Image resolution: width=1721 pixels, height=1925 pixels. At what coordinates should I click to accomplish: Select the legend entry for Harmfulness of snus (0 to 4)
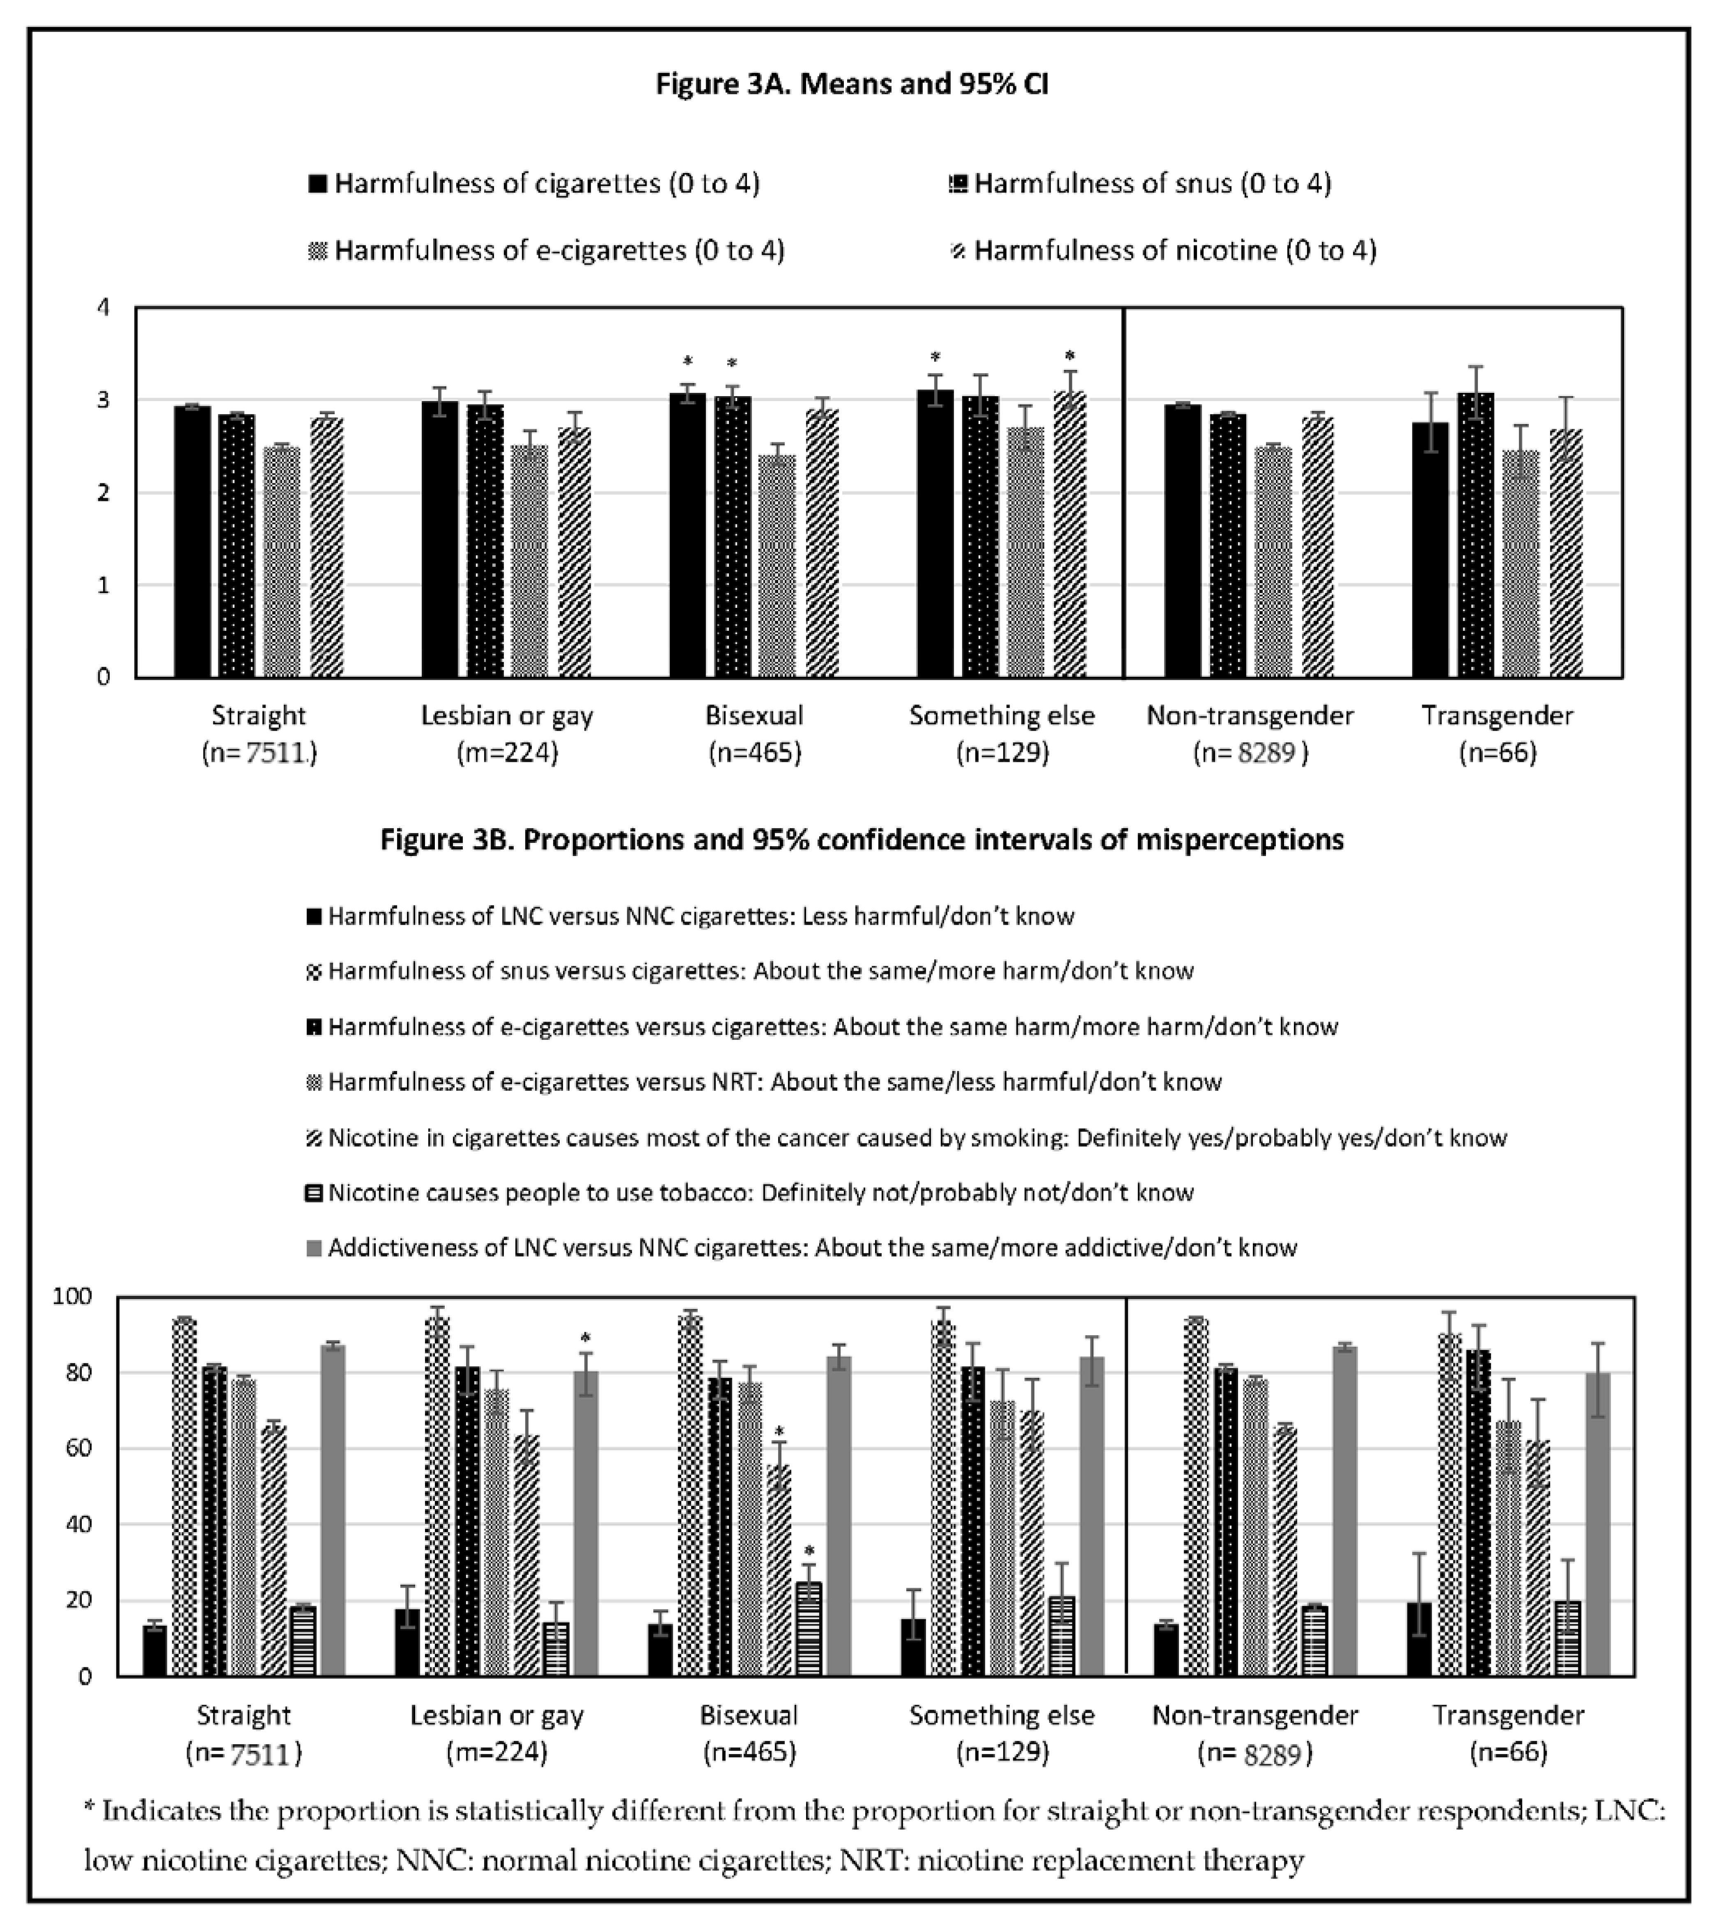(1152, 183)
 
